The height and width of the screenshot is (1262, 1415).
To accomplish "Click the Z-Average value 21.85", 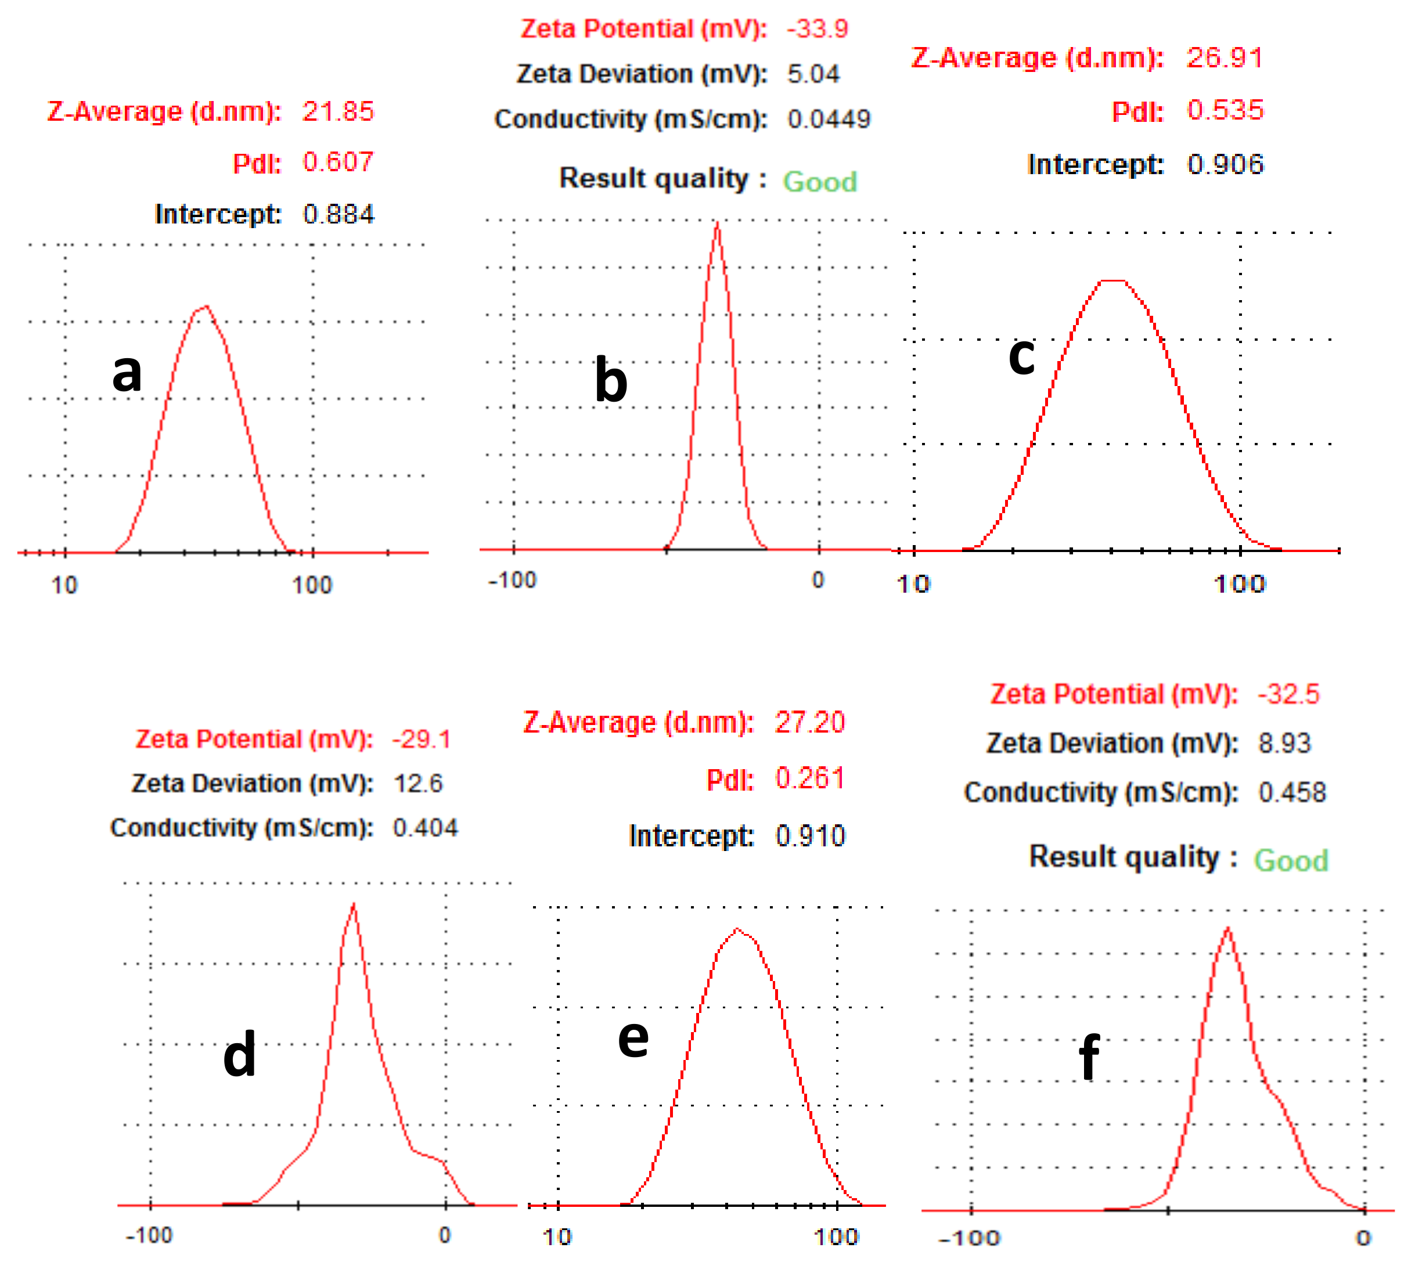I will coord(338,111).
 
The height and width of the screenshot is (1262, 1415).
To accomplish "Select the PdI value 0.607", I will coord(338,163).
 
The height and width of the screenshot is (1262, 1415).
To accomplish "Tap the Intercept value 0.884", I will coord(338,214).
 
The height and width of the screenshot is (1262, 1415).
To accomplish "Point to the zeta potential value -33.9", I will coord(817,28).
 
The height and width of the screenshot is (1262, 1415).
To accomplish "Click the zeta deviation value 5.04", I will coord(813,74).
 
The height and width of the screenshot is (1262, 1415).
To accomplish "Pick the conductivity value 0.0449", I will coord(828,119).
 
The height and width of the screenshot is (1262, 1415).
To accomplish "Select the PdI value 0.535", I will coord(1225,110).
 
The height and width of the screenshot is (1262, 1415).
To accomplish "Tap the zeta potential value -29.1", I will coord(421,739).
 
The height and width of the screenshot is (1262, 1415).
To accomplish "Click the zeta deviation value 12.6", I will coord(417,784).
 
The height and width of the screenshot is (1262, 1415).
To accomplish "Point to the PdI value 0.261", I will coord(809,778).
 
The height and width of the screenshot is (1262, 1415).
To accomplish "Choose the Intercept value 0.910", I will coord(809,835).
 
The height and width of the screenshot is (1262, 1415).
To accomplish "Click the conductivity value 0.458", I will coord(1291,792).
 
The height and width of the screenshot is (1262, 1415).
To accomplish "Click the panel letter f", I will coord(1089,1055).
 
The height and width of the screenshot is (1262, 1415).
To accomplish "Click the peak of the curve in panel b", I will coord(717,223).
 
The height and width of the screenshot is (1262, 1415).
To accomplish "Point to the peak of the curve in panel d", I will coord(354,905).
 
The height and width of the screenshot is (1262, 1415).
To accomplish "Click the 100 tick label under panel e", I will coord(837,1236).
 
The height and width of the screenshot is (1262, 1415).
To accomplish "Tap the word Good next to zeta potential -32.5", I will coord(1290,860).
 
